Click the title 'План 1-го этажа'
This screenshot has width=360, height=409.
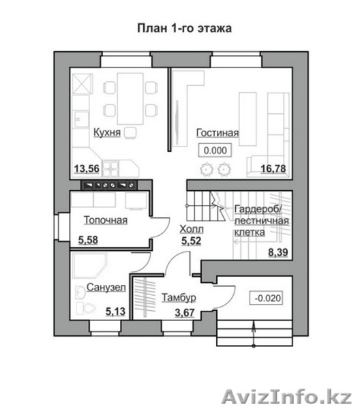[185, 28]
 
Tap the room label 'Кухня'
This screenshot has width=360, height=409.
[107, 132]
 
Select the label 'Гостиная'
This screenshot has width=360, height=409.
[217, 133]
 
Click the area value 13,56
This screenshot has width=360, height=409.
[87, 168]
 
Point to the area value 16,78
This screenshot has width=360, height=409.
[273, 168]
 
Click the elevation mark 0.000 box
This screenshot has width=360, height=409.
[215, 150]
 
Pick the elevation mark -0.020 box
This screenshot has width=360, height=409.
[267, 298]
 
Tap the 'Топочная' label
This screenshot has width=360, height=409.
[106, 220]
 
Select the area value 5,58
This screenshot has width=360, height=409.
[88, 240]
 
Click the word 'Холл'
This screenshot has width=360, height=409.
[192, 229]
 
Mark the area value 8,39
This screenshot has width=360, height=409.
[278, 252]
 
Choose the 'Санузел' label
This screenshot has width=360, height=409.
[106, 287]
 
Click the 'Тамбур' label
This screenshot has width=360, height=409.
[179, 297]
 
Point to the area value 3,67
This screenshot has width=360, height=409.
[185, 312]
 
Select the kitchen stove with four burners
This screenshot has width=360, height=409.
[111, 168]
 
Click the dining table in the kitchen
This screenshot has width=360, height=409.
[130, 99]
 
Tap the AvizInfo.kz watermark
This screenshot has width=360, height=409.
[286, 397]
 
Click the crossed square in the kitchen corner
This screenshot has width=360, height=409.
[82, 83]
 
